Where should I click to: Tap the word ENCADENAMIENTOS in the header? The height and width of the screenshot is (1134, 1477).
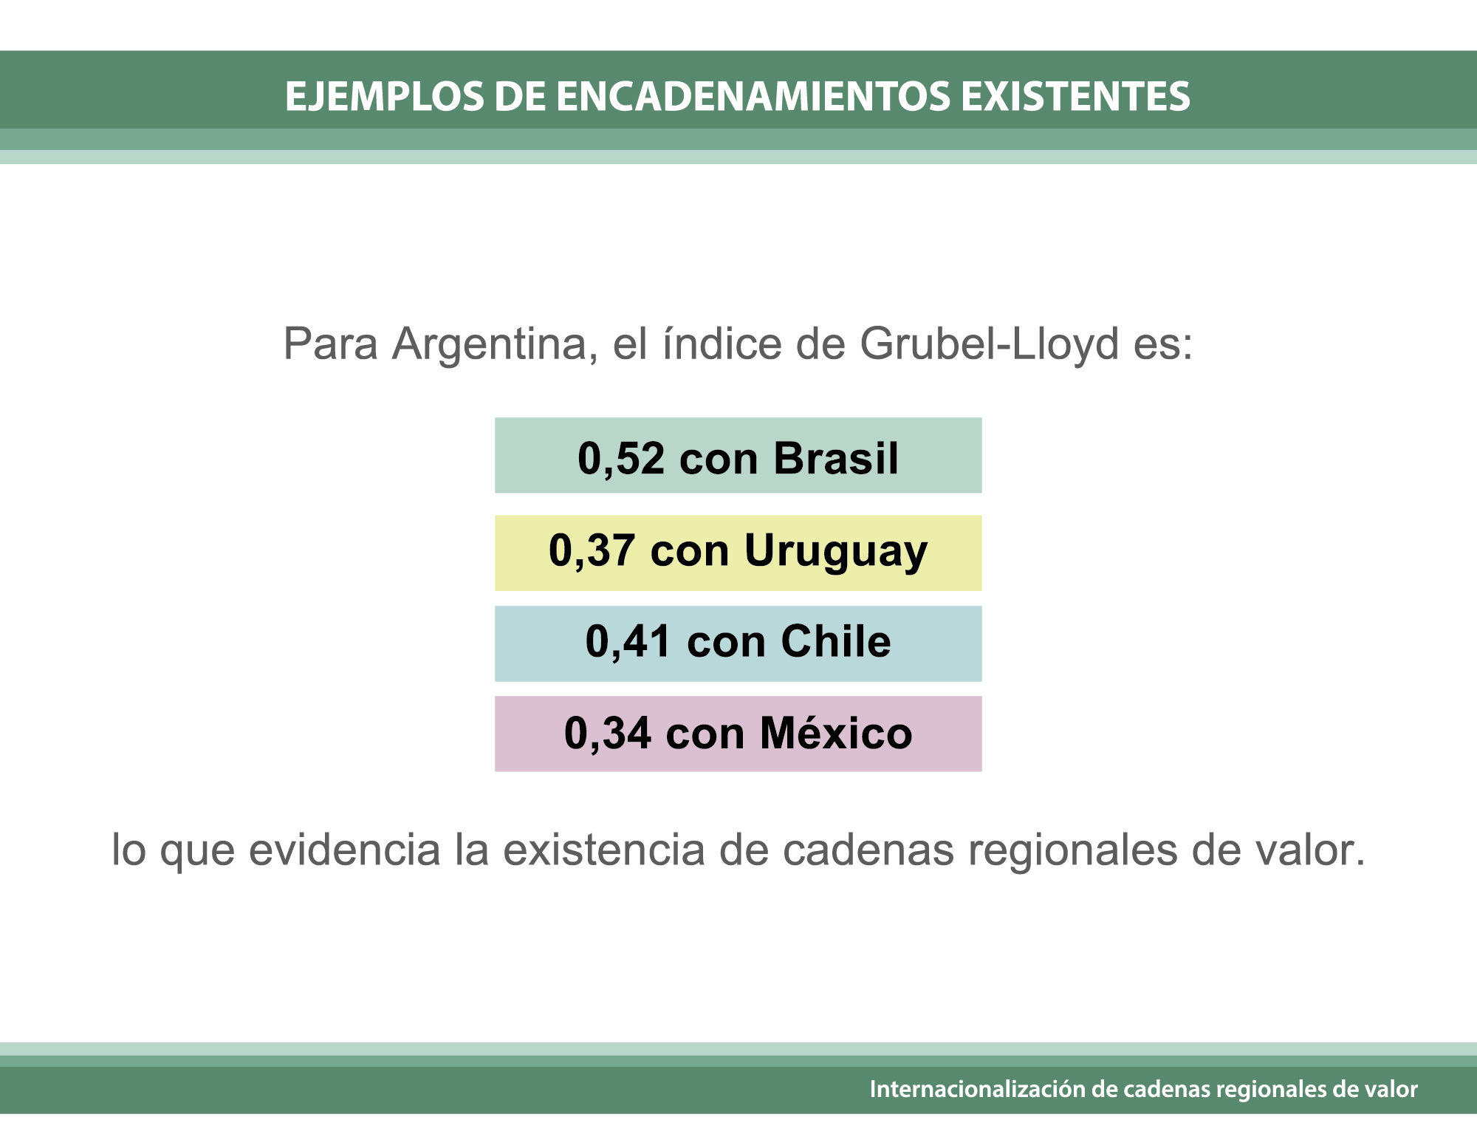753,96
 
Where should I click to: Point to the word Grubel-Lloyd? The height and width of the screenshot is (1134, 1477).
989,345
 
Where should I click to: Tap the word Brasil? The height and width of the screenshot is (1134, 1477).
836,458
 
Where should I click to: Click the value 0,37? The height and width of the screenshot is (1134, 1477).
592,552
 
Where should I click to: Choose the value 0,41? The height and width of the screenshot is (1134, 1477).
628,642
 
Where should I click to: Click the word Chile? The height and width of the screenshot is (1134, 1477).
836,641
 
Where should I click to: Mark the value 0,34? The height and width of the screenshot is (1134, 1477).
608,734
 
